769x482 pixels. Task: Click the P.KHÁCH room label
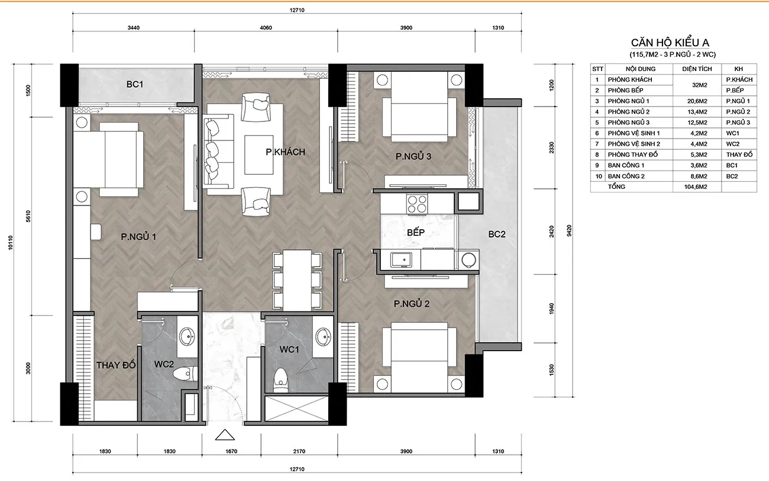285,152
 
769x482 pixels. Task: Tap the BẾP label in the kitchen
416,232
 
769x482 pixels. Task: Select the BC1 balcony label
135,84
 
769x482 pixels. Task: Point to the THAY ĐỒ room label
116,365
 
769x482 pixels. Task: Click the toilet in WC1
281,380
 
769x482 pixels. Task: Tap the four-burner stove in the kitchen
417,204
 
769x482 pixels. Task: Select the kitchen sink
401,259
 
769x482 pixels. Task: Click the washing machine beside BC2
467,260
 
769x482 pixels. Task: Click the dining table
298,281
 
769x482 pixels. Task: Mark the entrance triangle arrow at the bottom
225,435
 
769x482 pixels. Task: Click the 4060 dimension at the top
266,28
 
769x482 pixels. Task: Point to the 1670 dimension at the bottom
231,451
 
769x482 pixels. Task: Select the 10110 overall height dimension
11,243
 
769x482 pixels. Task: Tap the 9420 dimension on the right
569,230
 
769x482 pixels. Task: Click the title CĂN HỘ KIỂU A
670,43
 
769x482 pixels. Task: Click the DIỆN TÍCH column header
697,69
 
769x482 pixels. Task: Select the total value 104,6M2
696,187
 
